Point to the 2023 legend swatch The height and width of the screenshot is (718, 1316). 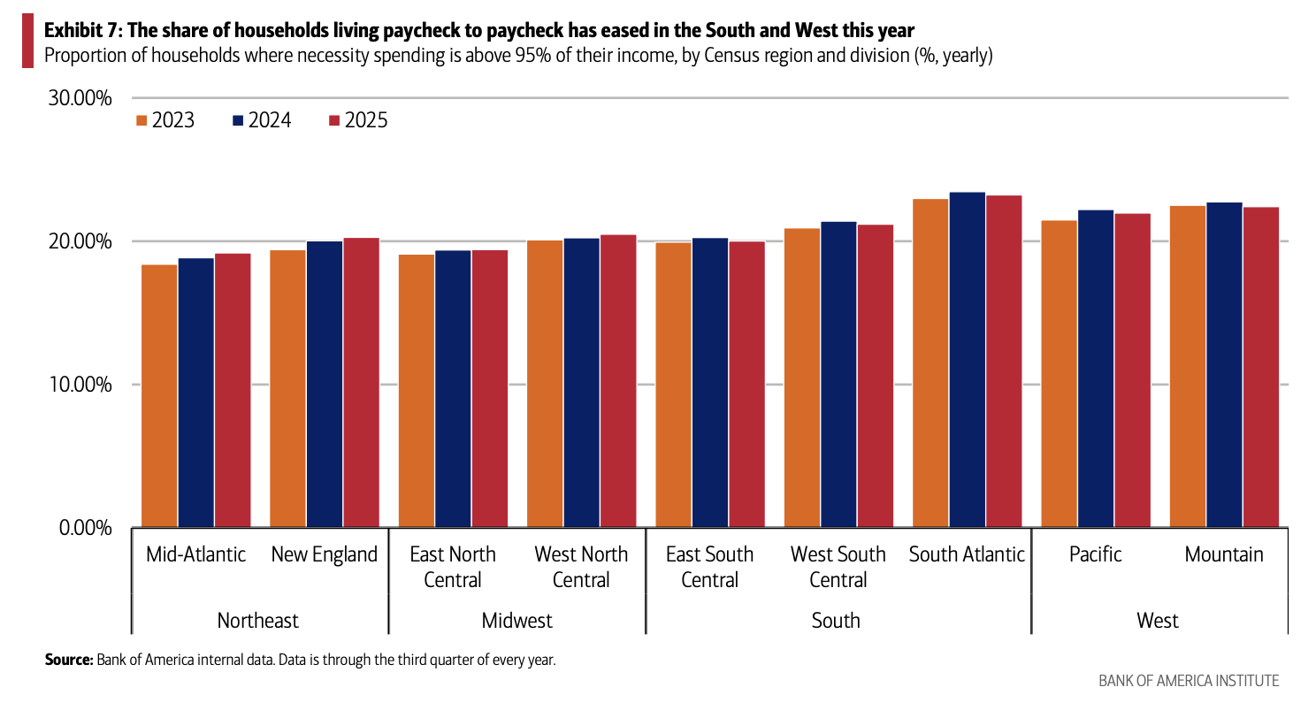[x=141, y=120]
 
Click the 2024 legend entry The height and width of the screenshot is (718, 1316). [x=261, y=120]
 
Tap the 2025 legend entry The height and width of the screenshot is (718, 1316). [x=357, y=120]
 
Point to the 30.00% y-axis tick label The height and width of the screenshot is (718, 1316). [x=79, y=98]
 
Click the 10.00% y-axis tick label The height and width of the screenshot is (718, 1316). [x=79, y=385]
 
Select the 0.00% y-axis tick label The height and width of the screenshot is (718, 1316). [x=84, y=528]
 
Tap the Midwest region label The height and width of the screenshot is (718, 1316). [x=516, y=620]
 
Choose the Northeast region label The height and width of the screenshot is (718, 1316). [x=258, y=620]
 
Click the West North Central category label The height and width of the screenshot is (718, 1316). [x=581, y=567]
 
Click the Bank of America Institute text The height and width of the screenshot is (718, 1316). [x=1188, y=681]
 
